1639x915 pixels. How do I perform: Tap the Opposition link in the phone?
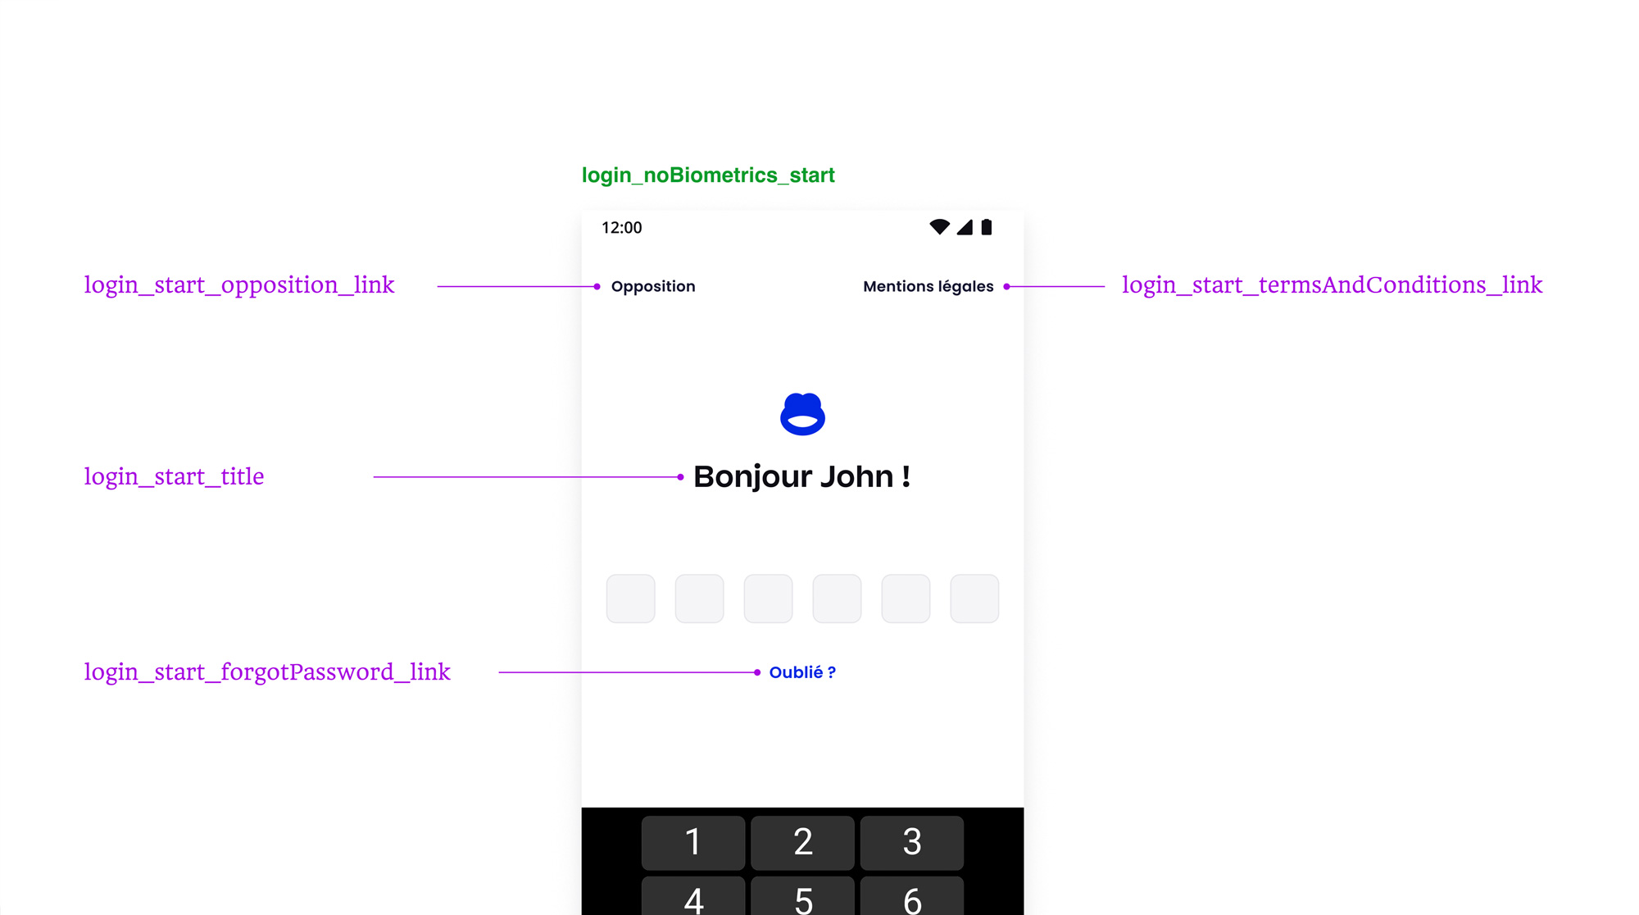coord(653,286)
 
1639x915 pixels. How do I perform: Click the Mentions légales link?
coord(928,286)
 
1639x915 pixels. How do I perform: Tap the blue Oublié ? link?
coord(802,672)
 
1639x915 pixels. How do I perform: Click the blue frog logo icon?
coord(802,414)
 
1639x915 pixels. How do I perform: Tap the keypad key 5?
coord(802,896)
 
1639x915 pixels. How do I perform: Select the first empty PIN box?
coord(630,599)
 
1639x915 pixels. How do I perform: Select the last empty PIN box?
coord(974,599)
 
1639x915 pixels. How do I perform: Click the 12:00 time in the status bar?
coord(622,228)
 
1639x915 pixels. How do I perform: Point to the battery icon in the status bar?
coord(987,227)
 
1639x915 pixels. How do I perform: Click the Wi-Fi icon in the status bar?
coord(939,226)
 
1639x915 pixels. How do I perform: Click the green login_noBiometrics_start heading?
coord(708,175)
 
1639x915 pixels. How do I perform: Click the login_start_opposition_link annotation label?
coord(239,285)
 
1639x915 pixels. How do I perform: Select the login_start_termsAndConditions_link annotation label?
coord(1332,285)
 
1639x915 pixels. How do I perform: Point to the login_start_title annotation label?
coord(174,476)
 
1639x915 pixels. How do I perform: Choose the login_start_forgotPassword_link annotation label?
coord(267,672)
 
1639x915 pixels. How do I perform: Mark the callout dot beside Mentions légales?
coord(1006,286)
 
